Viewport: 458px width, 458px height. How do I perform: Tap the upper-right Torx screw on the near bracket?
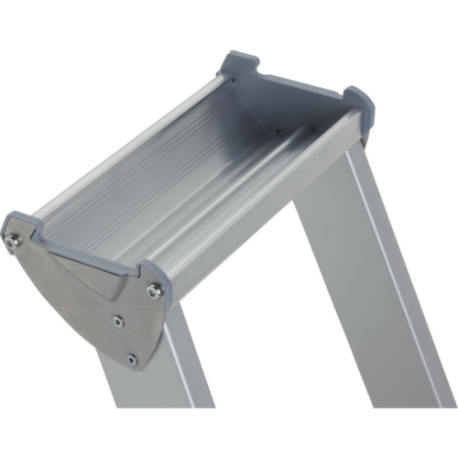(x=154, y=290)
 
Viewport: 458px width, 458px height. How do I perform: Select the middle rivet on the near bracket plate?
(x=118, y=321)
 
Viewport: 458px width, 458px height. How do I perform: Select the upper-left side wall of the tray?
(x=128, y=137)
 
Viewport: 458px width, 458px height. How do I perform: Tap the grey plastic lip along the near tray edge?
(x=82, y=249)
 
